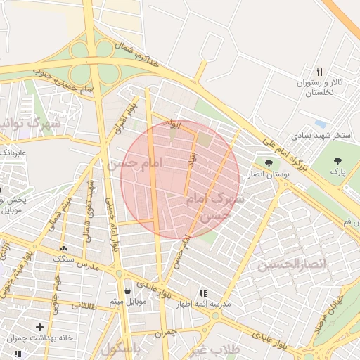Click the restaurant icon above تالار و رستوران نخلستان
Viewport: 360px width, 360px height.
pyautogui.click(x=320, y=72)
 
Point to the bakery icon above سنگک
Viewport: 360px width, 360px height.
pyautogui.click(x=64, y=248)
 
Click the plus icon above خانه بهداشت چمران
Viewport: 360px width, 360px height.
pyautogui.click(x=40, y=327)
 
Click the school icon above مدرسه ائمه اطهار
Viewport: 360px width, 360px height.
pyautogui.click(x=203, y=293)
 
